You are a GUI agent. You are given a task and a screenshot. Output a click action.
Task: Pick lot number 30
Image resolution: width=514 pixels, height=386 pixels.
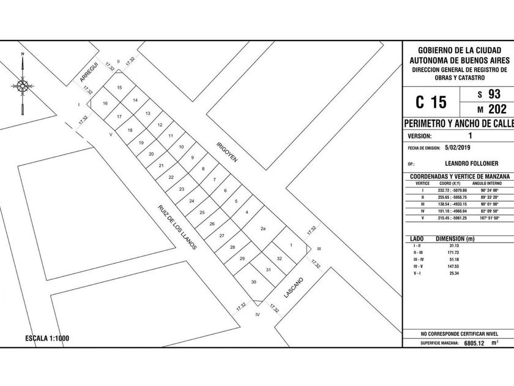[253, 282]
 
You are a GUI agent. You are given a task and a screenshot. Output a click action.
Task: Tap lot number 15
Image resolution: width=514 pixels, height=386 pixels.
[119, 88]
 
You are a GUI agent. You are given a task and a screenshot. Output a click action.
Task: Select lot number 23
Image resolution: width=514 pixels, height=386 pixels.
[181, 189]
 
